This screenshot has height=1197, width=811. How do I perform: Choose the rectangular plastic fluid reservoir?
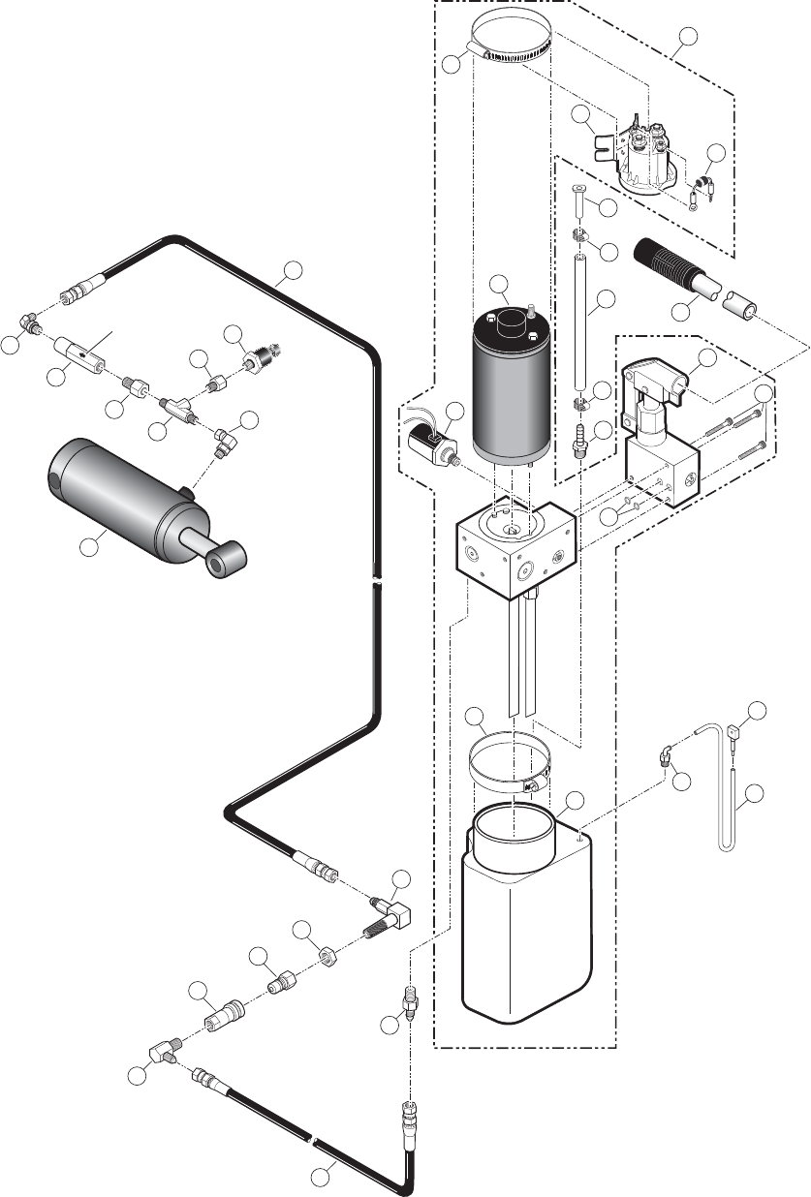[528, 920]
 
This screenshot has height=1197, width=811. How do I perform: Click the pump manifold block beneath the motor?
[514, 547]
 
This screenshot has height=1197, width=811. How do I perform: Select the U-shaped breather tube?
[727, 804]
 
